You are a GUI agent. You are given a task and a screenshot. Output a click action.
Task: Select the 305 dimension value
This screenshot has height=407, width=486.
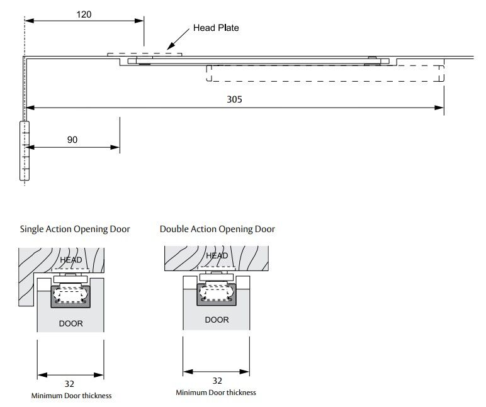click(235, 99)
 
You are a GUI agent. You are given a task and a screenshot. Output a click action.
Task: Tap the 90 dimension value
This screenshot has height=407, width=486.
click(72, 140)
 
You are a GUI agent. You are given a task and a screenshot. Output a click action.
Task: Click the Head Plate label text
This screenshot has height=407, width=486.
click(216, 28)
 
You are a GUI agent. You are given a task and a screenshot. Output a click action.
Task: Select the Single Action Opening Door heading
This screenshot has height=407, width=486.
click(75, 229)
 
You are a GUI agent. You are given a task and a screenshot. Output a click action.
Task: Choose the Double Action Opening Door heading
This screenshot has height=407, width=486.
click(217, 229)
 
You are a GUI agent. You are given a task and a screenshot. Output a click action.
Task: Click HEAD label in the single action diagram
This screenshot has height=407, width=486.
click(71, 260)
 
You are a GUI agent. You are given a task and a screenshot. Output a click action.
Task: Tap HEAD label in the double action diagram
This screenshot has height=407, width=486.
click(217, 255)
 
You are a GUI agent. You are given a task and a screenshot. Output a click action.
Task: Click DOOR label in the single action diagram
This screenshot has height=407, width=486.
click(71, 324)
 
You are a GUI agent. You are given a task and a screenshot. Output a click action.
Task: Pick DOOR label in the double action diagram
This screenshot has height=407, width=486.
click(217, 320)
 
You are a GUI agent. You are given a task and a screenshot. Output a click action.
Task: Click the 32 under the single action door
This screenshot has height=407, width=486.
click(71, 383)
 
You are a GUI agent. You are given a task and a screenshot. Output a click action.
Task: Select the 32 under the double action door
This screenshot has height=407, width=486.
click(217, 380)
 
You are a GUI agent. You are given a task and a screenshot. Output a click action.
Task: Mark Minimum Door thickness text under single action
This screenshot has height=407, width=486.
click(71, 396)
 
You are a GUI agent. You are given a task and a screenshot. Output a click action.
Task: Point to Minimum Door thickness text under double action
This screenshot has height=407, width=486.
click(216, 393)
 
